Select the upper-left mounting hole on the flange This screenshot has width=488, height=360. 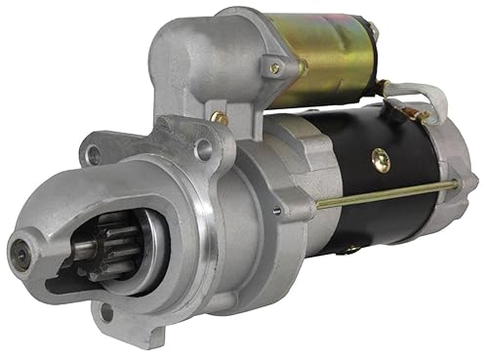94,154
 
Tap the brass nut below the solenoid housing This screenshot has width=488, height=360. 221,118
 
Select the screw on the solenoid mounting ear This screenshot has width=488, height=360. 275,68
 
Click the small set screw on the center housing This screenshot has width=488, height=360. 277,209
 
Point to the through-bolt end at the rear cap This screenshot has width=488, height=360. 455,183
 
